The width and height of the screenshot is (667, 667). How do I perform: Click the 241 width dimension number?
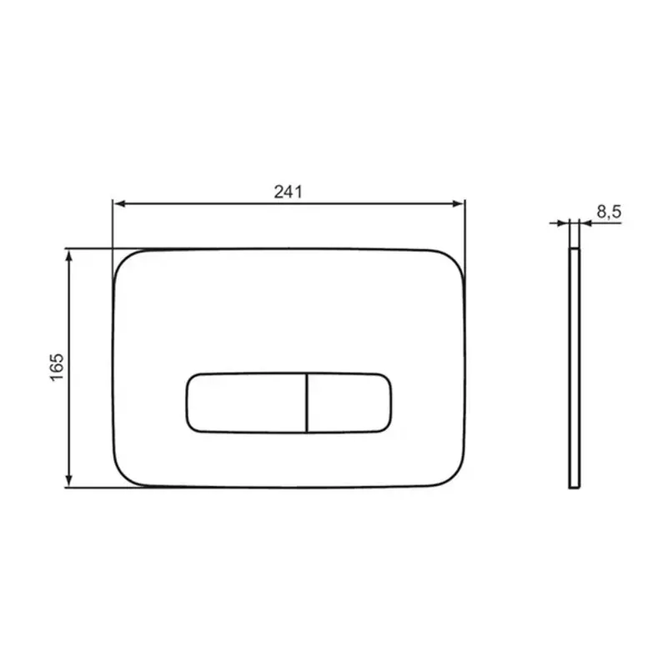288,190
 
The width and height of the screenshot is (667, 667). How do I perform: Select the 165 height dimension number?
57,367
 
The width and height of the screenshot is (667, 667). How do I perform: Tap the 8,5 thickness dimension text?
609,213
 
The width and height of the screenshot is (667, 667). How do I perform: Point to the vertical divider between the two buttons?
308,403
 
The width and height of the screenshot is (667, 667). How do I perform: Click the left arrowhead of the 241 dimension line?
118,203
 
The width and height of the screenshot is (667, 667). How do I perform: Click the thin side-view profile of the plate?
573,367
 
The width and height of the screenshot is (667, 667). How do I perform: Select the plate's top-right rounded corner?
454,258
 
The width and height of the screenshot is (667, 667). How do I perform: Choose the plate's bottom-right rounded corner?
454,477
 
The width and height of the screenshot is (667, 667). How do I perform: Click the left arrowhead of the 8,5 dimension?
563,223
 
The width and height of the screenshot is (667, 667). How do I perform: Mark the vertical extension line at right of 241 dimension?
464,229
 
